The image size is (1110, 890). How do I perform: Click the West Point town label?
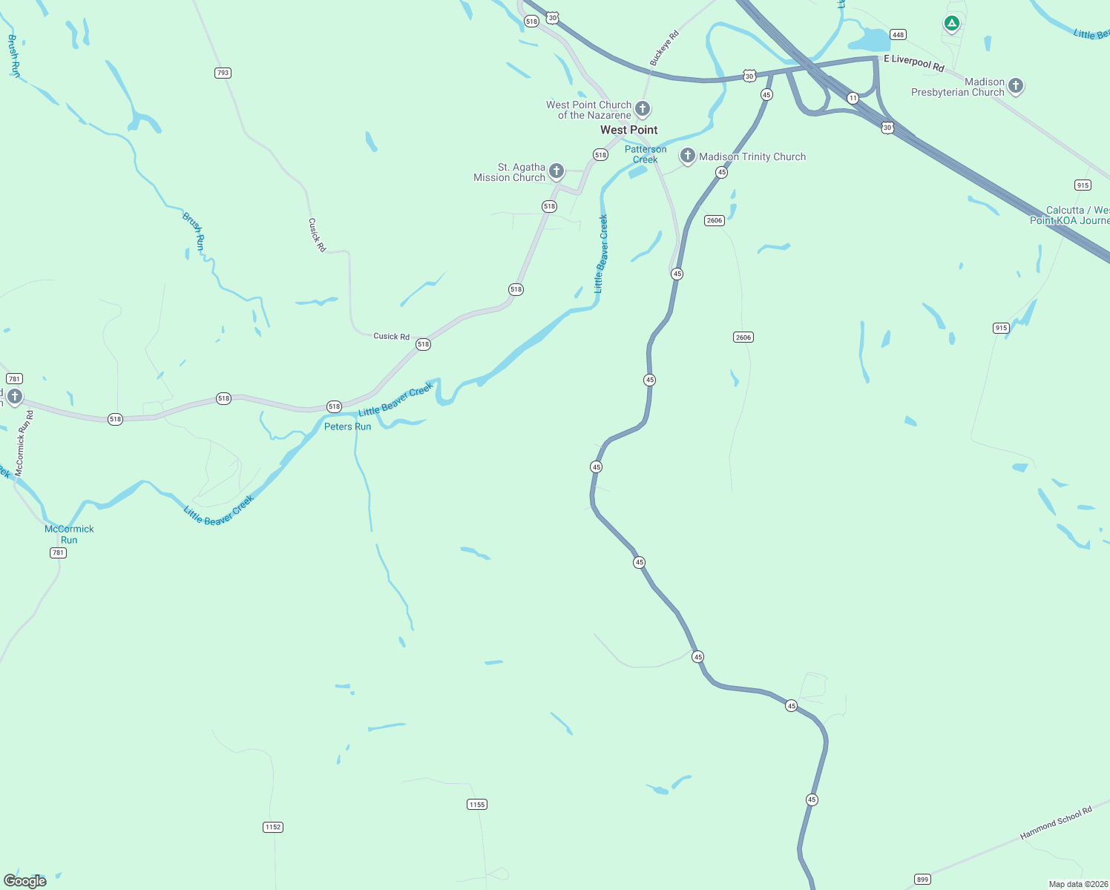pos(628,130)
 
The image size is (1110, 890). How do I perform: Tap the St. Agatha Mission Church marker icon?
pos(556,171)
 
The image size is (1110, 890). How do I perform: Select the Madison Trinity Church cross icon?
pos(688,156)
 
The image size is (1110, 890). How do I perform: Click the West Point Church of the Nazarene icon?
pos(643,109)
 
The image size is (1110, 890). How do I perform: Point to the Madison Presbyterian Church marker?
pos(1016,86)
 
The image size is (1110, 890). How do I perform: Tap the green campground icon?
pos(951,24)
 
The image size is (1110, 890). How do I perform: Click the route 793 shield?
pos(223,73)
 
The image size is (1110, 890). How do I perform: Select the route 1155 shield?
pos(477,805)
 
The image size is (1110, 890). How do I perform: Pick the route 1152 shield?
pos(273,827)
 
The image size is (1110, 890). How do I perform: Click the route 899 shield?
pos(922,880)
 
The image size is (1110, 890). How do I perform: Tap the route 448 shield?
pos(898,35)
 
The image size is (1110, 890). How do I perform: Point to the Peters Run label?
pos(347,426)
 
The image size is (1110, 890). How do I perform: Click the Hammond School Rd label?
pos(1056,823)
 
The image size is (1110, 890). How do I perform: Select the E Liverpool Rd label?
pos(914,64)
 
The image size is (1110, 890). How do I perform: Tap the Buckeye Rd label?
pos(664,49)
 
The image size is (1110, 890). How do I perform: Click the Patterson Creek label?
pos(646,154)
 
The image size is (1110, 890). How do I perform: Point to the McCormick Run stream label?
pos(69,534)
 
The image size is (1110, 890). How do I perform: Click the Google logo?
pos(25,881)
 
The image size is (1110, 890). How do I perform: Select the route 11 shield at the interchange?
pos(853,98)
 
